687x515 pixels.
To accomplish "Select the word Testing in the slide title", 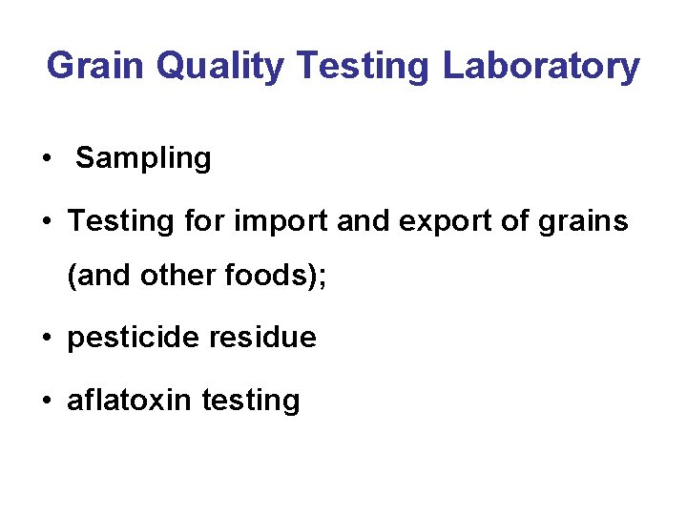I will tap(364, 67).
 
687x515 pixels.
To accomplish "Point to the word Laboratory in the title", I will tap(541, 67).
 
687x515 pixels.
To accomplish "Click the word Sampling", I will tap(143, 158).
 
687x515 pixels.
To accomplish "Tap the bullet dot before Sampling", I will tap(46, 158).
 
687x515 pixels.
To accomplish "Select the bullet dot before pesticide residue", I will tap(46, 338).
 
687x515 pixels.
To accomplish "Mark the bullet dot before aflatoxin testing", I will tap(46, 401).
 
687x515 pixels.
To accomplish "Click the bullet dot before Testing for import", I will tap(46, 222).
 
